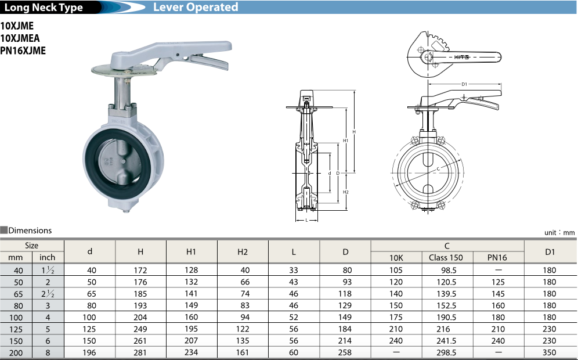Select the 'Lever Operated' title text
click(x=195, y=8)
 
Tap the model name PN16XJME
click(x=23, y=51)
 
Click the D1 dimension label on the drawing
click(x=464, y=85)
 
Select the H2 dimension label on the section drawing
click(x=346, y=192)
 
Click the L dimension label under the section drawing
click(x=306, y=220)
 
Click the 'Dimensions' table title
click(x=30, y=231)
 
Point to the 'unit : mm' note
click(x=559, y=232)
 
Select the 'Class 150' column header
click(x=446, y=257)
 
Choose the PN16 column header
click(x=498, y=257)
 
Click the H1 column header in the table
click(x=192, y=251)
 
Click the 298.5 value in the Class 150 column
click(x=446, y=352)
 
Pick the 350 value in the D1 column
click(x=549, y=352)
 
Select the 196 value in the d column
click(x=89, y=352)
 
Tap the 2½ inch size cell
click(x=48, y=294)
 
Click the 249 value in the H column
click(x=140, y=329)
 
